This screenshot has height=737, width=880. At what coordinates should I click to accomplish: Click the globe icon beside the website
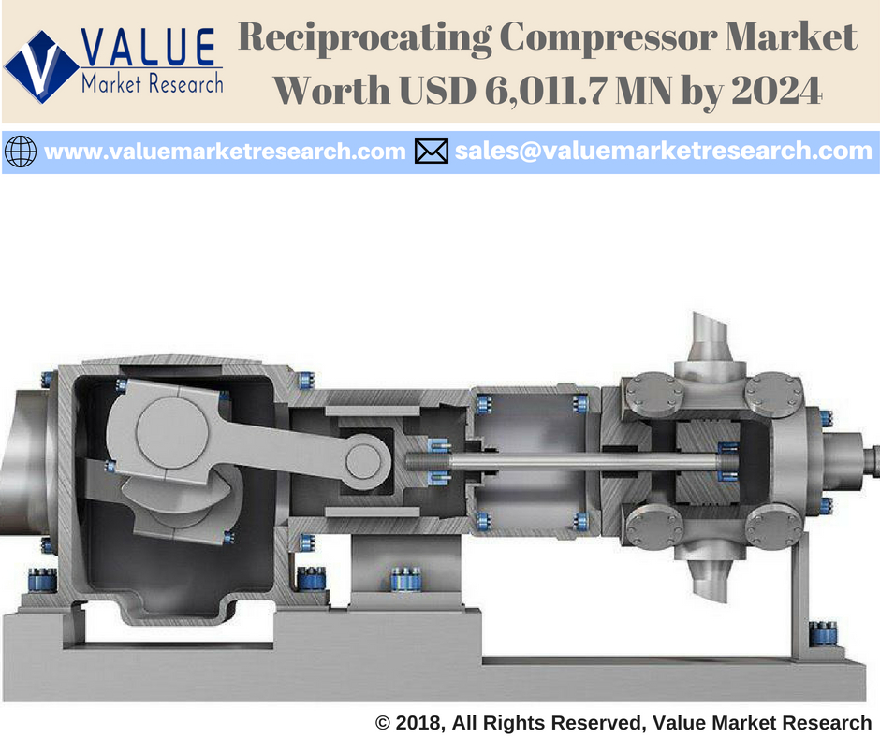point(21,151)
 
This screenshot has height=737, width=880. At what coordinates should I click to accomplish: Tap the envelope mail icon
point(432,151)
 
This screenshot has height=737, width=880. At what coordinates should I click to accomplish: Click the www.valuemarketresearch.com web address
point(225,151)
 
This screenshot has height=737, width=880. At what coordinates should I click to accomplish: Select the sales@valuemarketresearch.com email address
point(663,151)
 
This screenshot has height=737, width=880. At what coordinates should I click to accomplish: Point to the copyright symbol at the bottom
point(382,722)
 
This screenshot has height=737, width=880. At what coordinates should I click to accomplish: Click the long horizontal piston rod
point(562,460)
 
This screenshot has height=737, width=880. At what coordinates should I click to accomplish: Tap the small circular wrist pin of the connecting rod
point(359,458)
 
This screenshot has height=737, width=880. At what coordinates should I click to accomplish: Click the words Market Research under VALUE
point(153,84)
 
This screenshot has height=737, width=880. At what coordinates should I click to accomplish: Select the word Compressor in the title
point(613,39)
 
